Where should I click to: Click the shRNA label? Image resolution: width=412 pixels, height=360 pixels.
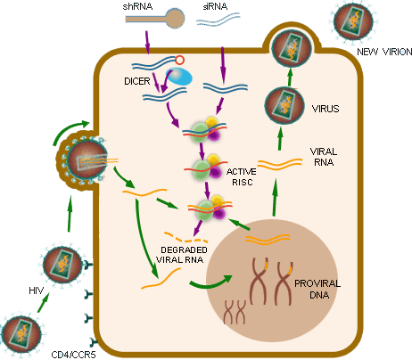coord(137,6)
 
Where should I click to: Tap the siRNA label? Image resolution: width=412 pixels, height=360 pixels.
coord(215,6)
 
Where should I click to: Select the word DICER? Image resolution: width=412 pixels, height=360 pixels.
coord(137,81)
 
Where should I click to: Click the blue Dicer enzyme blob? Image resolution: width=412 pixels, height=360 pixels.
coord(179,77)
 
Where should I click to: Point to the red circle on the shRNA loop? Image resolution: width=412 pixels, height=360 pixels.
coord(180,61)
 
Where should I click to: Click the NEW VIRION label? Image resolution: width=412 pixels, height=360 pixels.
coord(384,52)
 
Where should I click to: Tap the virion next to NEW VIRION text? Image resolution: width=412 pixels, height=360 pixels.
coord(353,21)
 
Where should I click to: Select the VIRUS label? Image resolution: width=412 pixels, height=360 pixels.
coord(325,109)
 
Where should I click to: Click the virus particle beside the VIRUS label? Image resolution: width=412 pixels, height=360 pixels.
coord(284,105)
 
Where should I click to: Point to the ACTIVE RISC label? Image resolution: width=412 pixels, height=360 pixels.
coord(242,176)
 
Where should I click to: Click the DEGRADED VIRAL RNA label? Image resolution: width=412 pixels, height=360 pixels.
coord(182,255)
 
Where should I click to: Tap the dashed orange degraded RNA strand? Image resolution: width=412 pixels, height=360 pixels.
coord(185,237)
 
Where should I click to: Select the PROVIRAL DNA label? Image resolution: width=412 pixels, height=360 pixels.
coord(317,289)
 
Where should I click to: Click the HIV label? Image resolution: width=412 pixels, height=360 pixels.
coord(37,290)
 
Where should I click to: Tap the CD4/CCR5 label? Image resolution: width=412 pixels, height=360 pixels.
coord(73,355)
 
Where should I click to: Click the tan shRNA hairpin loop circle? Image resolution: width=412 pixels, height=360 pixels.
coord(175,19)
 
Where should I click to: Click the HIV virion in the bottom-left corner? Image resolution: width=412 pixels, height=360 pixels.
coord(21,334)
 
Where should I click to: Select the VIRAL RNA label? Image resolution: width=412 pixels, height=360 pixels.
coord(324,157)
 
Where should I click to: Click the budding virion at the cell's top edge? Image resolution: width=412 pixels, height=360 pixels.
coord(292,47)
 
